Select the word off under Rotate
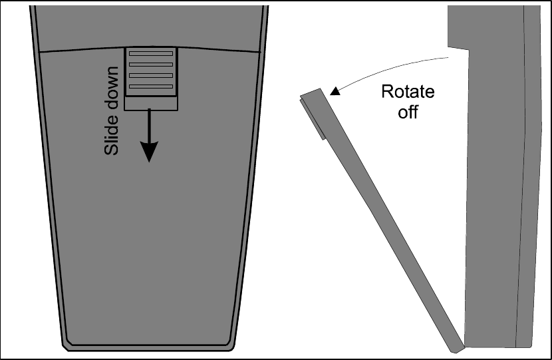(x=407, y=111)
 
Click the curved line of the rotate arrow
(x=392, y=67)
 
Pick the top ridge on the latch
(x=150, y=53)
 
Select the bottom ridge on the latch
(x=150, y=87)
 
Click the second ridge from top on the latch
(x=150, y=65)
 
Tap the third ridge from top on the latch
(x=150, y=75)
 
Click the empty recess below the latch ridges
(x=150, y=102)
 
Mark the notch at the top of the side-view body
(x=459, y=49)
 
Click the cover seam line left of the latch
(x=80, y=50)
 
